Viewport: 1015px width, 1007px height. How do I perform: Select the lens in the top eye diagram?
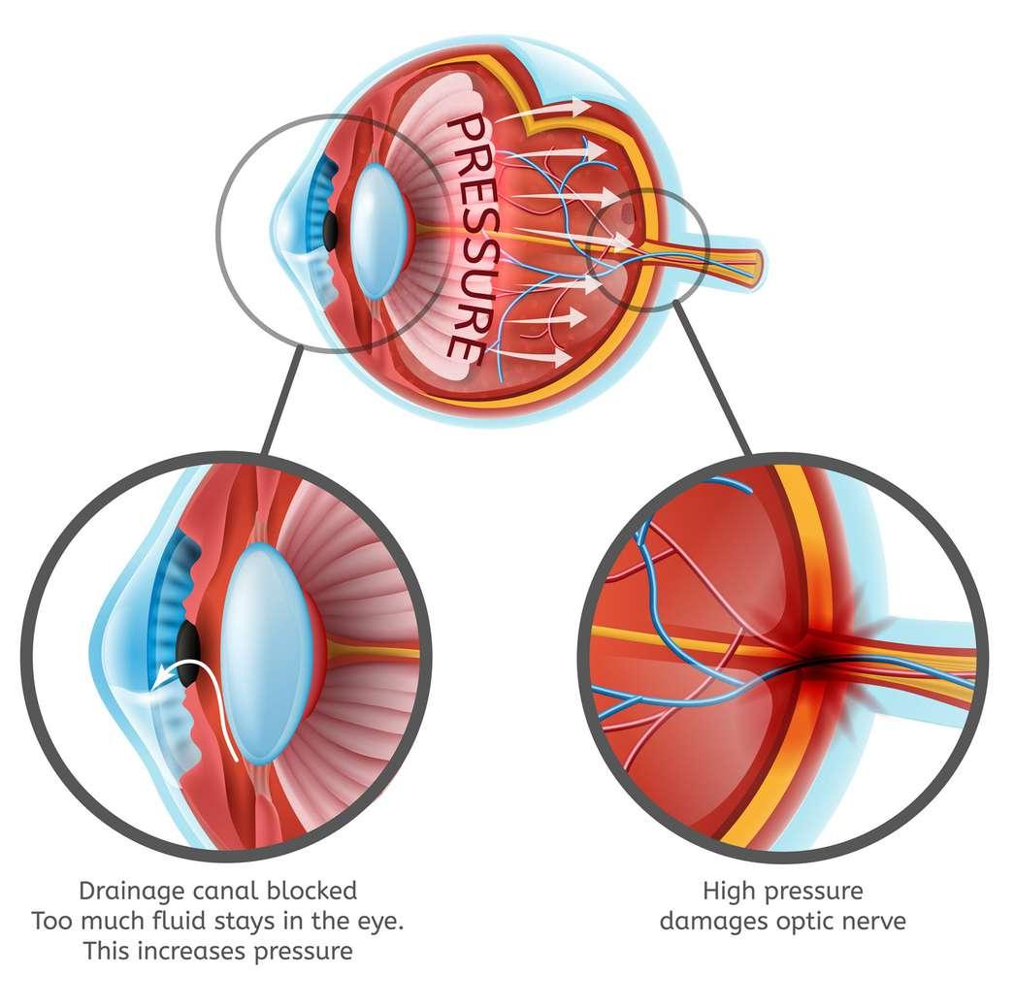[374, 230]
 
